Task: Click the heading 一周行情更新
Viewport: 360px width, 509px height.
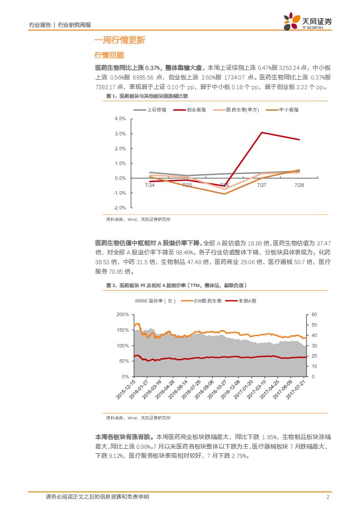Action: pos(120,40)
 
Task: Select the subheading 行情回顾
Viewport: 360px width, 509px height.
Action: pos(109,55)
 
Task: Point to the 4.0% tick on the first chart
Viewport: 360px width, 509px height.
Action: pos(120,118)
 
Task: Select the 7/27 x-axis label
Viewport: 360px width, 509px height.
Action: pos(262,185)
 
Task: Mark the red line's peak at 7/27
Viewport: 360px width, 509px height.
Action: pos(262,132)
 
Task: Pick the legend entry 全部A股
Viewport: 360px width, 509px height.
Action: pos(247,301)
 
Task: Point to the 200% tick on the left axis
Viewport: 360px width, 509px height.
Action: pos(123,314)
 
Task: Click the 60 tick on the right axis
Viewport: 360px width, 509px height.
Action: pos(315,314)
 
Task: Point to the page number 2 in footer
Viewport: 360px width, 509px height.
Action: pos(327,497)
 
